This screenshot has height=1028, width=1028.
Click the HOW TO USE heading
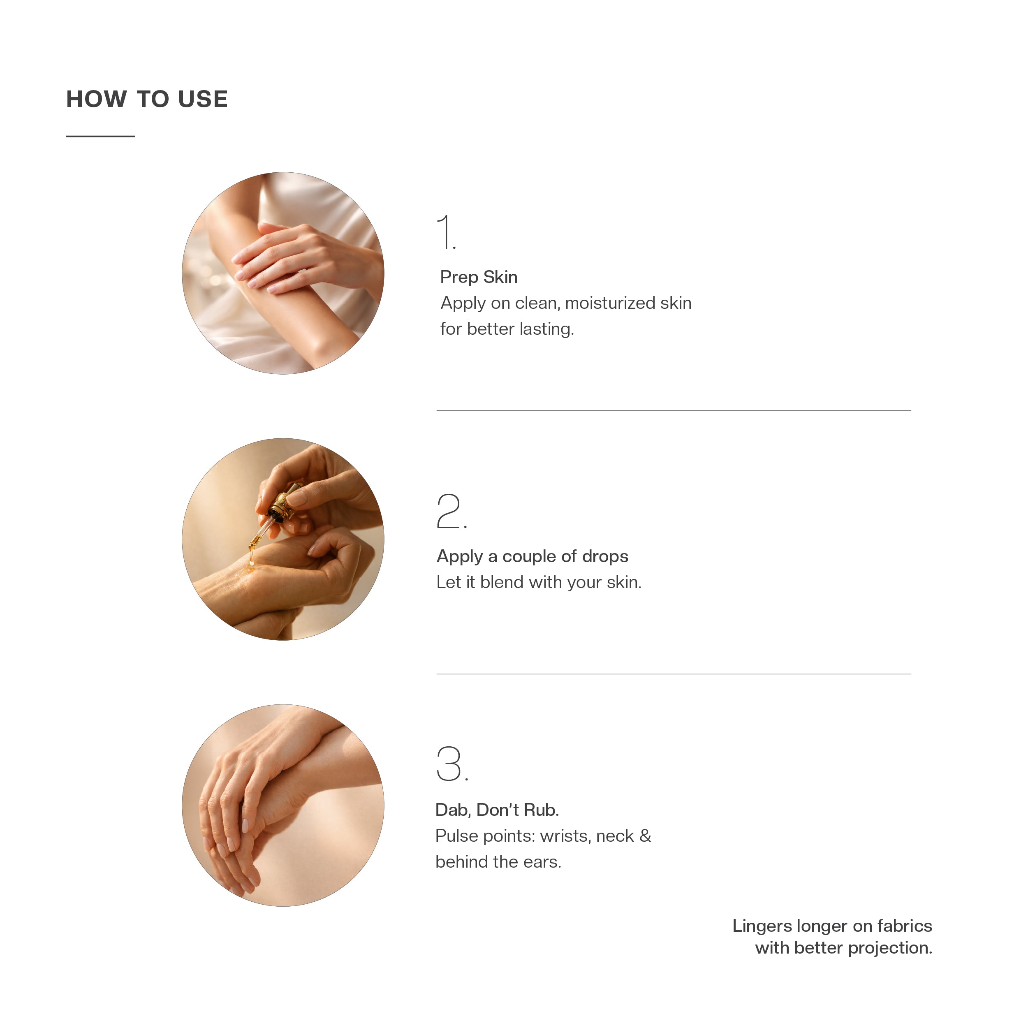click(x=147, y=99)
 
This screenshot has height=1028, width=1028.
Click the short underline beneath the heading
click(x=100, y=136)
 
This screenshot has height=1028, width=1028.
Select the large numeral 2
click(x=451, y=511)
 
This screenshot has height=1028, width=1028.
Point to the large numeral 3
click(x=452, y=764)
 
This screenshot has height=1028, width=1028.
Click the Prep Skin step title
click(x=478, y=277)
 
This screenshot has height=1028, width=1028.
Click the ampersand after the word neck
click(x=645, y=836)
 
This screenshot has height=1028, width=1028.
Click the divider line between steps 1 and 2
click(x=674, y=410)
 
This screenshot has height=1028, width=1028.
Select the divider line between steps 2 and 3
click(x=674, y=674)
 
